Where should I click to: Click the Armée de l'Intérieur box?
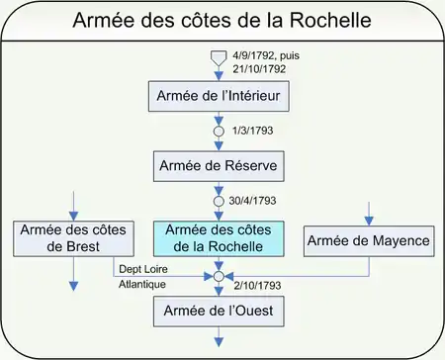(219, 96)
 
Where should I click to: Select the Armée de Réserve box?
(219, 166)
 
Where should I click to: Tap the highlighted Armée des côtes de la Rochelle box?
(219, 238)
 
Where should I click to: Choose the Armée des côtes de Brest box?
(73, 238)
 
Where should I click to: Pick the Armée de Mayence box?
(369, 241)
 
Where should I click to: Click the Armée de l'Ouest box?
(219, 312)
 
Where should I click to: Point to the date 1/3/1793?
(253, 131)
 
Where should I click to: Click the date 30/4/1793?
(252, 201)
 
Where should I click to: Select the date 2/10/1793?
(257, 285)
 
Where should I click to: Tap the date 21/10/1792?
(259, 69)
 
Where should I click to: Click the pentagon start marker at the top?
(219, 58)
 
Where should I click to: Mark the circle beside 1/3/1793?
(219, 132)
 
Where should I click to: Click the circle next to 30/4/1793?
(219, 201)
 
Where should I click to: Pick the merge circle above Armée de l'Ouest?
(219, 276)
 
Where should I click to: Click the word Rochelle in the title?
(330, 20)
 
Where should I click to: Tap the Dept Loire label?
(143, 269)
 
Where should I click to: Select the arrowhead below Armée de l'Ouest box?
(219, 342)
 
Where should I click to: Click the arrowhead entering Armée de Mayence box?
(369, 221)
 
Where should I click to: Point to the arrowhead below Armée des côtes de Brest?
(73, 286)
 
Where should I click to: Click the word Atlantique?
(142, 284)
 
